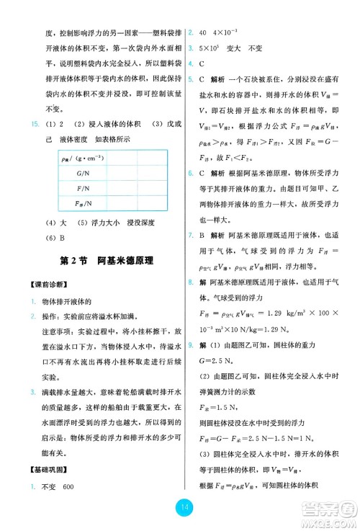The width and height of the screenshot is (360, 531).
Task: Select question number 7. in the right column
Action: coord(189,236)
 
